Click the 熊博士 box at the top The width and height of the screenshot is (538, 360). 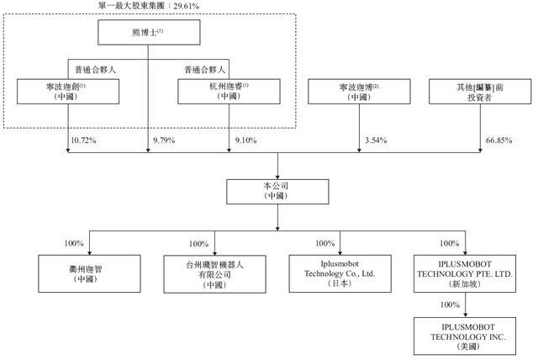point(149,32)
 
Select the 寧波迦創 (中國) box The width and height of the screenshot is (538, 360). point(68,92)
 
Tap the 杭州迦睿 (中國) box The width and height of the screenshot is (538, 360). point(229,92)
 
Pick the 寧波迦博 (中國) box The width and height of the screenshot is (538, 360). point(359,92)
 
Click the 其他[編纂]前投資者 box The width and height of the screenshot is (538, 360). point(480,92)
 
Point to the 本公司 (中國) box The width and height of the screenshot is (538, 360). point(277,192)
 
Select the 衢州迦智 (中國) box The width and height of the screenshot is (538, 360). point(89,274)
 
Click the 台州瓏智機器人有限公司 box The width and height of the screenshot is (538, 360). point(215,274)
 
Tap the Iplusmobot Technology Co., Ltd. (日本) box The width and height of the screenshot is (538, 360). point(340,274)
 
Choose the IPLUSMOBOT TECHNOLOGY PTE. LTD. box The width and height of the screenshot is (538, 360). point(465,274)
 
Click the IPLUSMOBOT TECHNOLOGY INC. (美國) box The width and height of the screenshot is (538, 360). point(465,336)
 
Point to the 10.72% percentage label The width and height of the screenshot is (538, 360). point(83,140)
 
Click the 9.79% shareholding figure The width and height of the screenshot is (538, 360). point(164,140)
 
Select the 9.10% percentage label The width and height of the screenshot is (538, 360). point(245,140)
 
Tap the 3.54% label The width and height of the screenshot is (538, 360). point(376,140)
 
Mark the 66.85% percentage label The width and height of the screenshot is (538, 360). point(498,140)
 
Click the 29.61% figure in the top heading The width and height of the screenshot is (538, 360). point(187,6)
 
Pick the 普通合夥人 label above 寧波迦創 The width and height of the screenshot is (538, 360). point(95,70)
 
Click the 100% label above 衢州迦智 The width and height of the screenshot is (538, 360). point(74,243)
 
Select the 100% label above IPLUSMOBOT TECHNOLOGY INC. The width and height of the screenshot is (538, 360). point(450,304)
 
